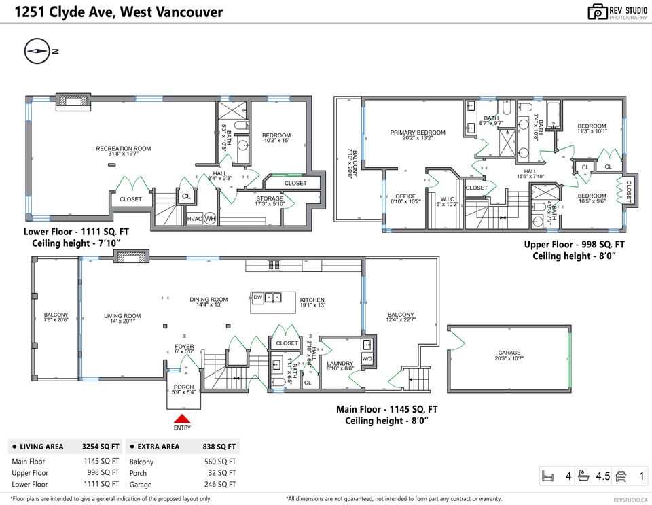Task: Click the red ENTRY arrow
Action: click(x=182, y=419)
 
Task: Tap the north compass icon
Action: click(x=37, y=51)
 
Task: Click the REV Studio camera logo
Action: click(x=597, y=12)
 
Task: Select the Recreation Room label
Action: click(x=123, y=148)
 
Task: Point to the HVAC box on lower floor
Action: click(x=194, y=218)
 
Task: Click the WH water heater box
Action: click(x=210, y=218)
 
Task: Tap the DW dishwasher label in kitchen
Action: click(x=258, y=298)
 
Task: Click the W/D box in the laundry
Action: click(x=367, y=358)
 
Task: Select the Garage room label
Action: click(x=509, y=353)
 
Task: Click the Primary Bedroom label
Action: click(x=418, y=133)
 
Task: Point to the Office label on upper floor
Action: click(x=405, y=196)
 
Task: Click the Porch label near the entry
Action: click(x=183, y=387)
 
